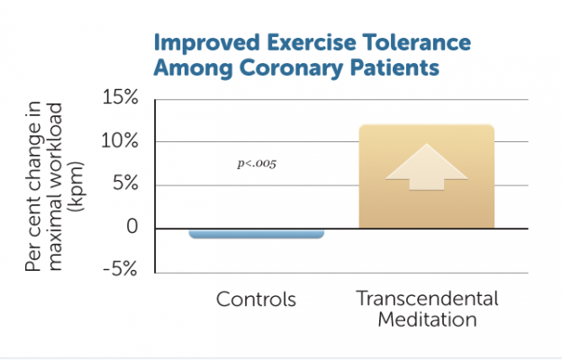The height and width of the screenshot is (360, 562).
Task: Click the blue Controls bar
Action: tap(256, 234)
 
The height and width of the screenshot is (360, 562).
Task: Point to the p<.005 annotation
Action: tap(256, 166)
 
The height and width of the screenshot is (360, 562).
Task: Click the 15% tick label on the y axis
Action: tap(119, 98)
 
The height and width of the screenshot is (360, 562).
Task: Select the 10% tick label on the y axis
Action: tap(119, 141)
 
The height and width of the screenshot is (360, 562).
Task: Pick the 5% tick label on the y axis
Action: tap(124, 184)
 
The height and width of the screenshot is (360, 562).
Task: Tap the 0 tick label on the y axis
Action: tap(133, 228)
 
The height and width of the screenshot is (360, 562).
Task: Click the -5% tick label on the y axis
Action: tap(121, 271)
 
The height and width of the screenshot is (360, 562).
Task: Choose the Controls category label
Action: tap(256, 299)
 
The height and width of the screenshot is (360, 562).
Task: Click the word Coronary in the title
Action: tap(288, 68)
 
